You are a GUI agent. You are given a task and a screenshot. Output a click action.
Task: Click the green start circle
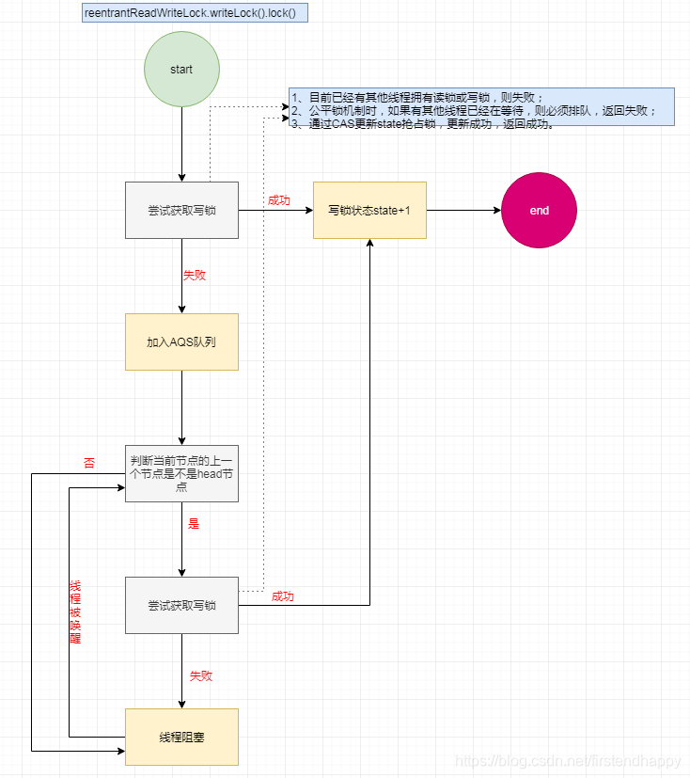(181, 70)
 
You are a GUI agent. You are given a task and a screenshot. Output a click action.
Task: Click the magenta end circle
(539, 211)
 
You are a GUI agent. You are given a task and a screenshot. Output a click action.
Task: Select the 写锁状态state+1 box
(369, 210)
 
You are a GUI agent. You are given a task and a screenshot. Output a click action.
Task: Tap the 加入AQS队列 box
(181, 341)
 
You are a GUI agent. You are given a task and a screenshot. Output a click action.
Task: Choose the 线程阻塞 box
(181, 737)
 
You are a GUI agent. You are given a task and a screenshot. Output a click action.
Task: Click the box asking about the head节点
(181, 473)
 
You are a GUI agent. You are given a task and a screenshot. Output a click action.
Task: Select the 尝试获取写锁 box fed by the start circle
(181, 210)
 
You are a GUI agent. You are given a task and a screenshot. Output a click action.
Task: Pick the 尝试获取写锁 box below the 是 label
(181, 605)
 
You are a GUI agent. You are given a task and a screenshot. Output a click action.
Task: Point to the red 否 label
(89, 463)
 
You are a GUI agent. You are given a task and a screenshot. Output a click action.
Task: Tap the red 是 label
(194, 524)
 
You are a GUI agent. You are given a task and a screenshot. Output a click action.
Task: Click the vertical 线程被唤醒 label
(75, 611)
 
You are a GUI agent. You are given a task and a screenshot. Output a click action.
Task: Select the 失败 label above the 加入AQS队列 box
(194, 276)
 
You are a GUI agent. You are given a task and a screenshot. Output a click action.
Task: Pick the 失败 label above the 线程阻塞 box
(201, 675)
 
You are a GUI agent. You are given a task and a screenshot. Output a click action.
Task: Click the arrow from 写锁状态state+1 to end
(463, 211)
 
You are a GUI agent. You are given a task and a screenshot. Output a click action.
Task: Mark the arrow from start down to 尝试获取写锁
(181, 144)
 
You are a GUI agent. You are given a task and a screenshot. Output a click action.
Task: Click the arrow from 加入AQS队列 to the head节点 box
(181, 406)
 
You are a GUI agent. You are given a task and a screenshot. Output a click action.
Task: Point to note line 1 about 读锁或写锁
(417, 97)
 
